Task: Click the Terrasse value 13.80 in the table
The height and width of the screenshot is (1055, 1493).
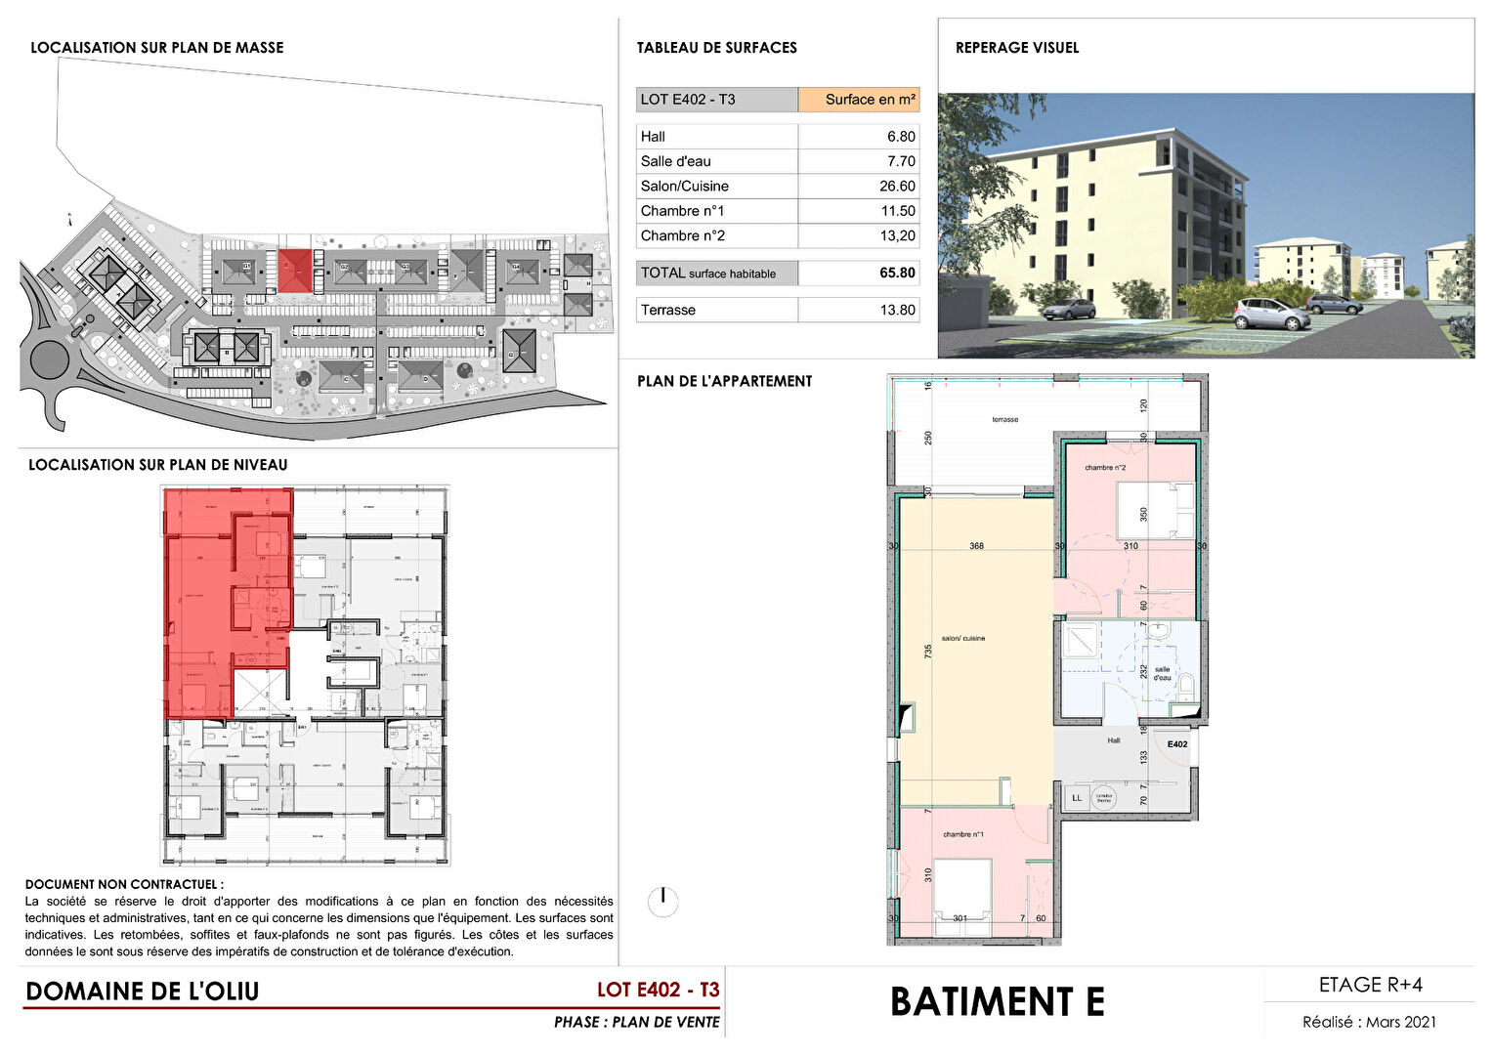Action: pos(897,310)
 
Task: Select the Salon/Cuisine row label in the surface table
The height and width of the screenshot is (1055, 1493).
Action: pos(685,186)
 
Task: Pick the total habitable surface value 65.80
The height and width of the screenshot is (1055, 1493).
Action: pos(897,273)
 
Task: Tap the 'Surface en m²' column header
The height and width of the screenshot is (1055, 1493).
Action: pos(870,100)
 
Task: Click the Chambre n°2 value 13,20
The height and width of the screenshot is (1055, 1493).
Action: pos(897,235)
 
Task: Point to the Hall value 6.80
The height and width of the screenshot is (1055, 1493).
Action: pos(901,137)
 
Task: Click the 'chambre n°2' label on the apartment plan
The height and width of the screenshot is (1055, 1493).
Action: pos(1105,468)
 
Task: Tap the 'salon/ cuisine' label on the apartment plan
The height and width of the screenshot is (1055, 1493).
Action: pos(962,639)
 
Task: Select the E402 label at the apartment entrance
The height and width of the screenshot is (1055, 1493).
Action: pos(1177,744)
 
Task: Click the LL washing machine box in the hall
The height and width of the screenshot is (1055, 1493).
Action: pos(1077,798)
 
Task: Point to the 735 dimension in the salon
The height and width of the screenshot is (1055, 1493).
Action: pos(928,650)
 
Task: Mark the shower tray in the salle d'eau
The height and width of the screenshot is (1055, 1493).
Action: pos(1082,641)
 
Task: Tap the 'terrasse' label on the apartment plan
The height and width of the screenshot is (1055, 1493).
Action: pos(1004,420)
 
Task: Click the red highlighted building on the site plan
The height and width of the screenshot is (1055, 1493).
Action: pos(294,270)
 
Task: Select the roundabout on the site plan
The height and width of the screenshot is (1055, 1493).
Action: pos(49,360)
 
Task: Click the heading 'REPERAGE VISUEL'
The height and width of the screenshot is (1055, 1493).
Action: pos(1016,48)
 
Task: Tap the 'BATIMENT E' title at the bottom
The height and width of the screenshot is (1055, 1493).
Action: pos(997,1002)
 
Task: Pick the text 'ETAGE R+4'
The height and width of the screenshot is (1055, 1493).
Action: pos(1370,985)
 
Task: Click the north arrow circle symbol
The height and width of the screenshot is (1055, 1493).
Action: pos(662,901)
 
